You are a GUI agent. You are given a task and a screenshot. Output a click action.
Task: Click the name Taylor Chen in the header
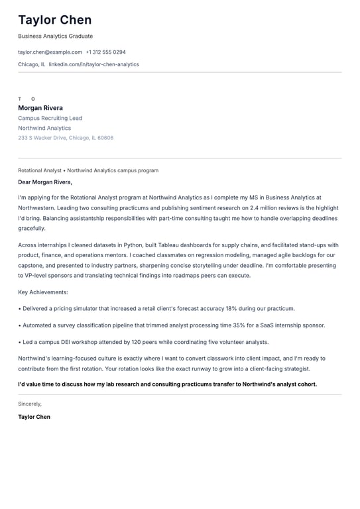point(55,20)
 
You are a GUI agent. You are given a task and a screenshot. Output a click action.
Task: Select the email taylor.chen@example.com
point(50,52)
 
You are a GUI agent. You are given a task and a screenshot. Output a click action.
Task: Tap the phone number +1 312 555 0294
point(105,52)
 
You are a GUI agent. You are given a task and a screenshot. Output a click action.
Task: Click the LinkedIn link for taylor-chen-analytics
point(93,64)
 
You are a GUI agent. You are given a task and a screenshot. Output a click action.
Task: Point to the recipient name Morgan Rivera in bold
point(40,108)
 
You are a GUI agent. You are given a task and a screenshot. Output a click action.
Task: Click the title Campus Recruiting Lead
point(50,118)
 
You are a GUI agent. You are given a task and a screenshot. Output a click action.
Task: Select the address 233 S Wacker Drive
point(42,138)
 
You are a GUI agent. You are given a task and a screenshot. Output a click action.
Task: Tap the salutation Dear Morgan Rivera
point(45,182)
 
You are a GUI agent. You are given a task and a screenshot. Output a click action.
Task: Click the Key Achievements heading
point(43,292)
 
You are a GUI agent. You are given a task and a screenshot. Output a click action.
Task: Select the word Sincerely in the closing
point(30,404)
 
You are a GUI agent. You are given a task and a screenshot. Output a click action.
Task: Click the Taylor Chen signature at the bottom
point(34,417)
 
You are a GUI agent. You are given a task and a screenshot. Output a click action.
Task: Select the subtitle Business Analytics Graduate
point(55,36)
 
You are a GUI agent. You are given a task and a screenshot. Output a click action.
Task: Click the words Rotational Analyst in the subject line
point(40,170)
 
